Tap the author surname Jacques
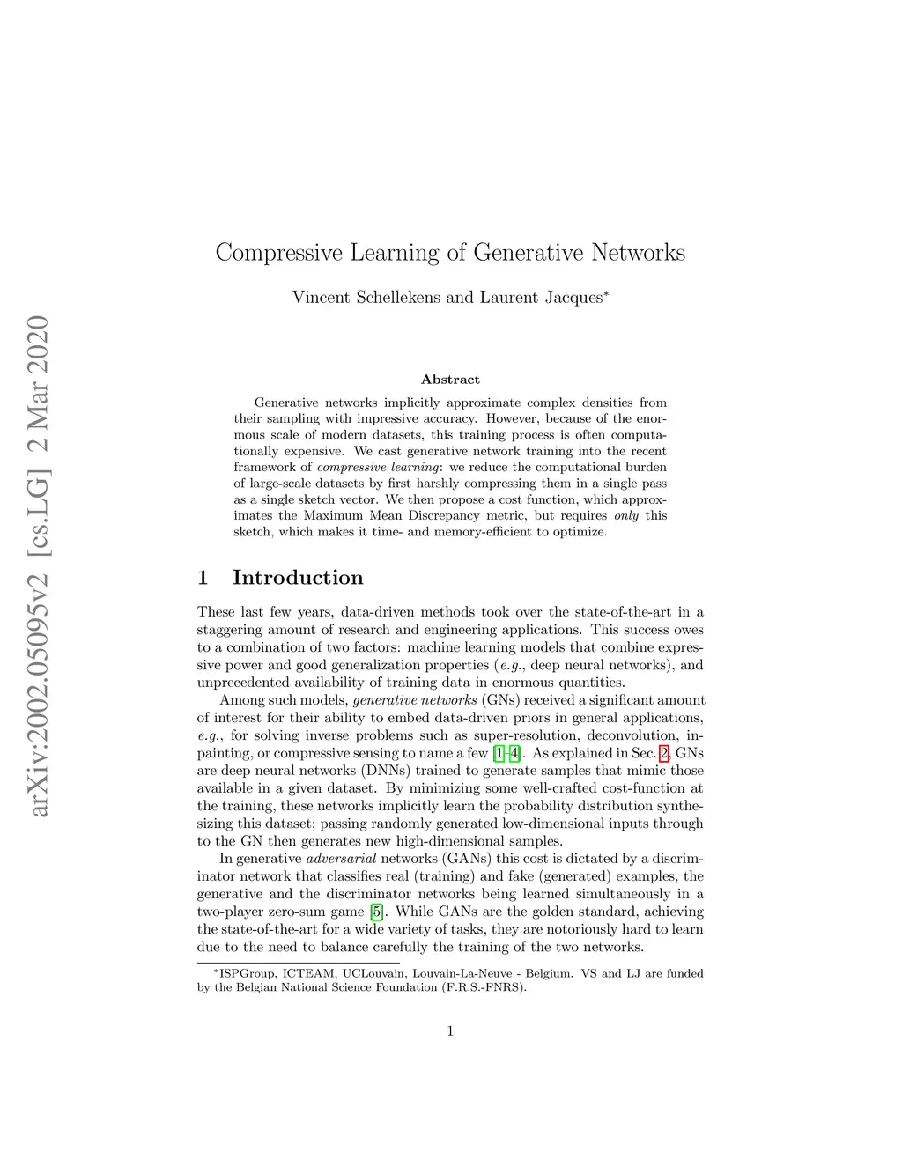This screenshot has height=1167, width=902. (x=563, y=298)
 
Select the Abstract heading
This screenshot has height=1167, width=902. (x=450, y=380)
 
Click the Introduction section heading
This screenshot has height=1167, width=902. (x=298, y=578)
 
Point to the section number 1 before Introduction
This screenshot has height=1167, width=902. (x=203, y=578)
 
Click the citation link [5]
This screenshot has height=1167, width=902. (x=376, y=912)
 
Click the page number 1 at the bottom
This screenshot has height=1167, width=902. (x=450, y=1031)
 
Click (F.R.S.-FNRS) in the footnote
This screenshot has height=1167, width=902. (x=484, y=987)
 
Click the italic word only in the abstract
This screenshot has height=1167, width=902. (x=626, y=516)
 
